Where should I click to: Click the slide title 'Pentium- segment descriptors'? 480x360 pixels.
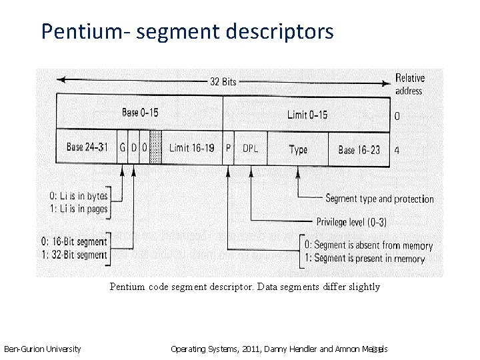click(187, 31)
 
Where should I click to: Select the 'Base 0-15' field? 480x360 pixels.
click(140, 113)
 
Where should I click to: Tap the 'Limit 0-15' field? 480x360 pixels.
click(307, 115)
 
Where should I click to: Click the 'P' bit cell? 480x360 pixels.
click(229, 148)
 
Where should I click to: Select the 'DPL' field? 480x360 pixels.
click(251, 149)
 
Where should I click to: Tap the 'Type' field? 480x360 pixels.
click(298, 149)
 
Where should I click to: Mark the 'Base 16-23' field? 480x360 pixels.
click(359, 149)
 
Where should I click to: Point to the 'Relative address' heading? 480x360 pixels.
click(409, 84)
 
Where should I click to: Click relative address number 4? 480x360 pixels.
click(397, 150)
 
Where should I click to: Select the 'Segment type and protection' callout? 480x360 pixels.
click(379, 199)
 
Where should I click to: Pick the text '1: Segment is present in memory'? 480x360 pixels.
click(367, 258)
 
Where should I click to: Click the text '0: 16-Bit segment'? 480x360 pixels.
click(78, 242)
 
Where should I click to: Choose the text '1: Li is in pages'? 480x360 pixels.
click(79, 209)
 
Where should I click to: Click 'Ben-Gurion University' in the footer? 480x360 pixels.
click(43, 349)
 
